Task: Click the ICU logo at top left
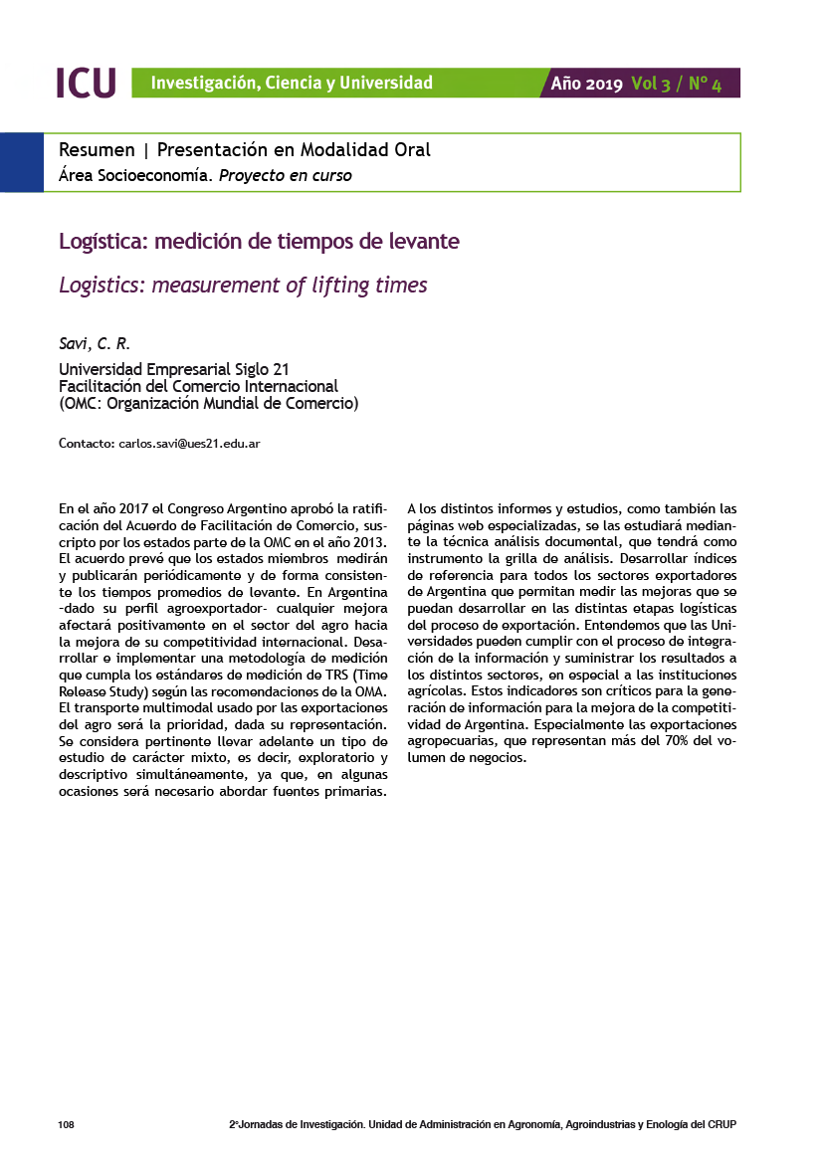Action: tap(87, 83)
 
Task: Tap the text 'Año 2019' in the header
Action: tap(587, 84)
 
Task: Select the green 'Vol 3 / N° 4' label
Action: tap(676, 84)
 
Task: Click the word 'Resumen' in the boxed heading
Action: tap(97, 150)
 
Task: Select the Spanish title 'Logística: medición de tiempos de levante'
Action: tap(259, 242)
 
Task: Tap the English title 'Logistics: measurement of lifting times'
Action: tap(243, 286)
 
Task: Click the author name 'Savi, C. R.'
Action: tap(88, 345)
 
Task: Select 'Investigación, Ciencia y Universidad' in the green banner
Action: tap(292, 84)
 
